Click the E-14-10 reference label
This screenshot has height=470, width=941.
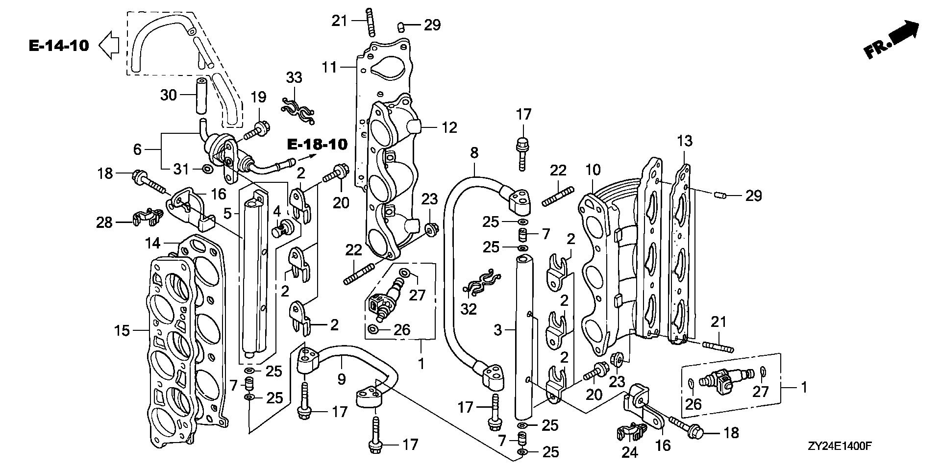(59, 46)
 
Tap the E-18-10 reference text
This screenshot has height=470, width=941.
(317, 145)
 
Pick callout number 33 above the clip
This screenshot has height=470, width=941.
(294, 77)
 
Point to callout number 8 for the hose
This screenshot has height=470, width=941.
(474, 152)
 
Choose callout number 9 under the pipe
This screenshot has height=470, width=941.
(341, 379)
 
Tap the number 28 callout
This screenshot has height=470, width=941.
(104, 223)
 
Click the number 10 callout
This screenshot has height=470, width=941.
(593, 170)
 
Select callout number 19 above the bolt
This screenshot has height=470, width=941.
(258, 97)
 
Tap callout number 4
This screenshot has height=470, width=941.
(277, 212)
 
